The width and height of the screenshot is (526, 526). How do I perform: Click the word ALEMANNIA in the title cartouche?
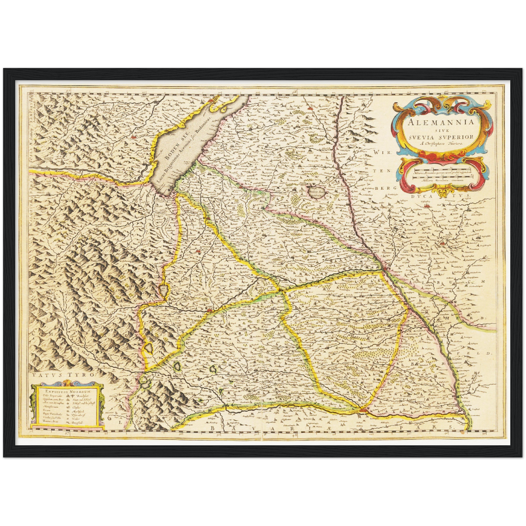[441, 122]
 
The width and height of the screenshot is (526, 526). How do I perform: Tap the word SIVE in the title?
[441, 130]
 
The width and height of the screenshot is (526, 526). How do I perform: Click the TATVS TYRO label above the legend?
[62, 374]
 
